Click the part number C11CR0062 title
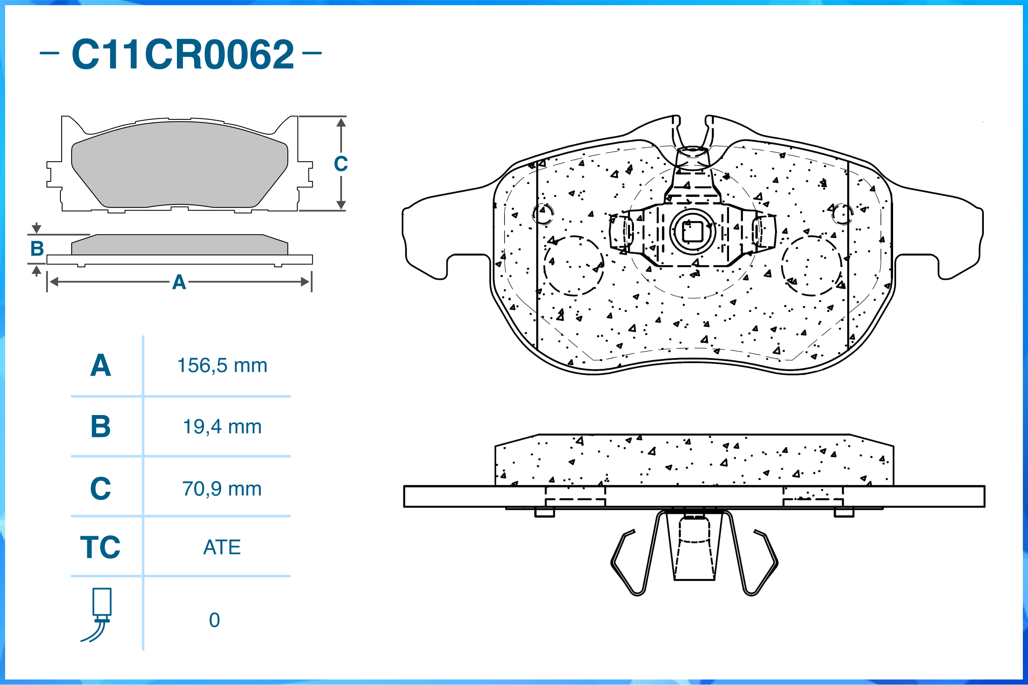pyautogui.click(x=182, y=54)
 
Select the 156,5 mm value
pyautogui.click(x=222, y=366)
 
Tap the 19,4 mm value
pyautogui.click(x=222, y=427)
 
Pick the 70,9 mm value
pyautogui.click(x=222, y=489)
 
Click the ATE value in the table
pyautogui.click(x=222, y=547)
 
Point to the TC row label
pyautogui.click(x=100, y=547)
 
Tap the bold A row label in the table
pyautogui.click(x=100, y=366)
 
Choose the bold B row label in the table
pyautogui.click(x=100, y=427)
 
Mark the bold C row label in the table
pyautogui.click(x=100, y=489)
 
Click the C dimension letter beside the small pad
pyautogui.click(x=341, y=164)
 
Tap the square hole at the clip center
pyautogui.click(x=693, y=231)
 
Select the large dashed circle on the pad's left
pyautogui.click(x=574, y=266)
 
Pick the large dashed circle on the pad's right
pyautogui.click(x=812, y=266)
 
